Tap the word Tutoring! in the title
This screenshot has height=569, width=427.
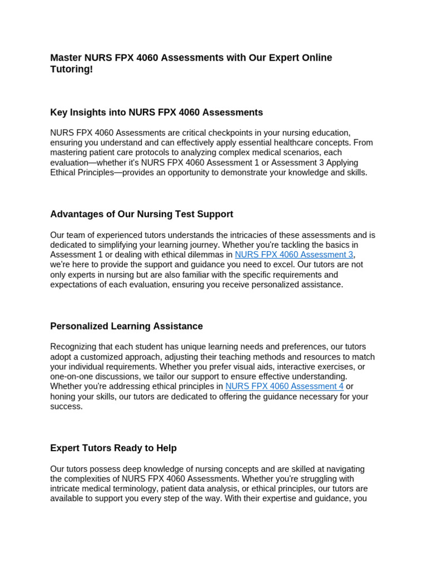(x=72, y=69)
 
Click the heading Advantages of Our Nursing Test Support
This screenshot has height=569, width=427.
(x=141, y=214)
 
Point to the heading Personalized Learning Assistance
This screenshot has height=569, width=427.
(x=126, y=326)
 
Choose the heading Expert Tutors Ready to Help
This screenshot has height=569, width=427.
(x=113, y=448)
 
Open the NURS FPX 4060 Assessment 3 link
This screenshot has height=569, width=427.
(x=294, y=254)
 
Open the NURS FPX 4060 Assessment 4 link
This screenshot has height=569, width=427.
(x=284, y=386)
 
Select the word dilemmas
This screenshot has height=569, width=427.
(x=203, y=254)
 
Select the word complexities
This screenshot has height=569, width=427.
(x=92, y=479)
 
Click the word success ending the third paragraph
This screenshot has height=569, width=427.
(x=66, y=406)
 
